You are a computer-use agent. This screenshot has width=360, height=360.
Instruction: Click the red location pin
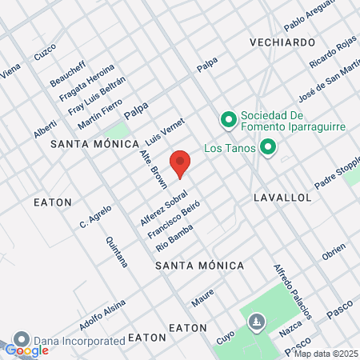(x=181, y=162)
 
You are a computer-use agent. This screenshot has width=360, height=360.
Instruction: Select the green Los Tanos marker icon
(x=268, y=148)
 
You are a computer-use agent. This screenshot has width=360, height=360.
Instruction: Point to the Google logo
(x=26, y=350)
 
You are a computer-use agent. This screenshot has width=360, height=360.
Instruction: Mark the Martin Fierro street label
(x=101, y=114)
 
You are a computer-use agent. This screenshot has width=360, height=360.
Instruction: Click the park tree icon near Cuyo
(x=255, y=322)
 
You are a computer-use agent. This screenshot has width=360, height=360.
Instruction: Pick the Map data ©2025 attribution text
(x=326, y=354)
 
